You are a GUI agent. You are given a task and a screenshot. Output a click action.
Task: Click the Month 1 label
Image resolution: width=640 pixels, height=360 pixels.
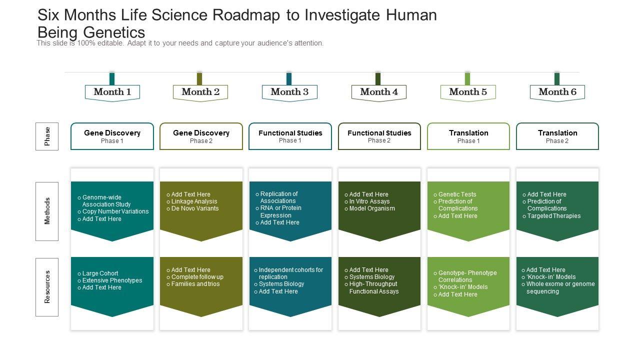click(x=112, y=92)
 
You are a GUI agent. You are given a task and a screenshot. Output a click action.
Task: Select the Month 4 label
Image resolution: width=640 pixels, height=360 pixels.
click(x=378, y=92)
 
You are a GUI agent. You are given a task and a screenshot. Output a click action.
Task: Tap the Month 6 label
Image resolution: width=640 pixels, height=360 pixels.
click(x=557, y=92)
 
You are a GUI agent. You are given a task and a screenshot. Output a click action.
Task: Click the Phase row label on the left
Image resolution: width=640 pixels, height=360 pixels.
click(x=47, y=136)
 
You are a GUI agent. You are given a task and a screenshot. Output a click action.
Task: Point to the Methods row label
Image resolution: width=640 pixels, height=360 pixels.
click(x=47, y=211)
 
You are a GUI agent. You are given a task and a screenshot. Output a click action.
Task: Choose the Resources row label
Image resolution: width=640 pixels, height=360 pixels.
click(x=47, y=287)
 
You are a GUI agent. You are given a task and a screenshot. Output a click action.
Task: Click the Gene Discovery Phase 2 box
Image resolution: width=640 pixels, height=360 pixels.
click(x=201, y=136)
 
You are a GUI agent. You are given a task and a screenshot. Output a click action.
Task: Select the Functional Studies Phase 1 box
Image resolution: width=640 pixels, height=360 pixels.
click(x=290, y=136)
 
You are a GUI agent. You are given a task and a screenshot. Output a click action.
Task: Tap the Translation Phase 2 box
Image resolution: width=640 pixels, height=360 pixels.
click(x=557, y=136)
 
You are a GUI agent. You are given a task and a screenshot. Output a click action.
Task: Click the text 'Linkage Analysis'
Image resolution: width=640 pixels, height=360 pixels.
click(x=194, y=201)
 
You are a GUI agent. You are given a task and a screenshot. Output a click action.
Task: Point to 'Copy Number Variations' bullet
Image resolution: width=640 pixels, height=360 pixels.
click(x=115, y=211)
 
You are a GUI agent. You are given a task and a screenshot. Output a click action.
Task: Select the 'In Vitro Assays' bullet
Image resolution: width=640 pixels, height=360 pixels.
click(x=369, y=201)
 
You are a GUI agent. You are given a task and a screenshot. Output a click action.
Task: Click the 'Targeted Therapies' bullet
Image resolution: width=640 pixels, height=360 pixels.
click(x=554, y=216)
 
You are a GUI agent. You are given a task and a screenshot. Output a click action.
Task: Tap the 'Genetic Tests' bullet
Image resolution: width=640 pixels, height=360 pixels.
click(x=457, y=194)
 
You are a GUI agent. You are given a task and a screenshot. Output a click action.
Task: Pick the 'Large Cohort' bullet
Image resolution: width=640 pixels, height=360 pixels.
click(x=100, y=273)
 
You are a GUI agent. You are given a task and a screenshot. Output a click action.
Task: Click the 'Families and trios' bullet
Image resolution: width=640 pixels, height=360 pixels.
click(x=195, y=284)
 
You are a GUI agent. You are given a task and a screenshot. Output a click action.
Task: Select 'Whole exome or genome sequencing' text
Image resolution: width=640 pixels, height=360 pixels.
click(x=560, y=287)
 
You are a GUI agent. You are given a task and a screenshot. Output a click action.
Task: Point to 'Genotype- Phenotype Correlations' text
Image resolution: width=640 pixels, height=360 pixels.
click(x=467, y=276)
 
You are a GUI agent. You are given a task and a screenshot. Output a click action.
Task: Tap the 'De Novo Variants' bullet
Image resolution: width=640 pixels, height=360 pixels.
click(x=195, y=208)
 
